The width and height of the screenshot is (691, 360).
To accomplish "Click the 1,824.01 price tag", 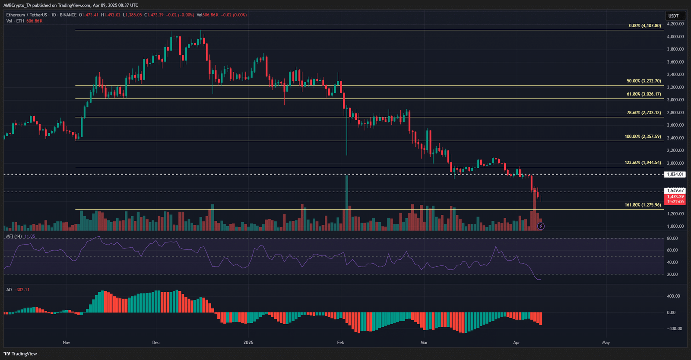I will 675,175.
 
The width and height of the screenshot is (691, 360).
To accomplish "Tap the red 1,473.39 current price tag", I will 675,197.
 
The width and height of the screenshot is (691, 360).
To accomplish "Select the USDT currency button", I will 673,16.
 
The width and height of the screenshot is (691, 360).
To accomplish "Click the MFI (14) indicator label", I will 14,236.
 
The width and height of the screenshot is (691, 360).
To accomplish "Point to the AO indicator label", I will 9,290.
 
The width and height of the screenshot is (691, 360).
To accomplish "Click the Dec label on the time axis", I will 156,343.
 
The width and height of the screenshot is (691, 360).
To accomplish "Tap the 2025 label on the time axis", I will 248,343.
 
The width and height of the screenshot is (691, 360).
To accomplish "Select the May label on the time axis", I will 606,343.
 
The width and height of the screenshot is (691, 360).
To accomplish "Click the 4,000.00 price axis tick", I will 675,37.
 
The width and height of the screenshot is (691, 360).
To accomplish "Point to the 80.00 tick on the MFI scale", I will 672,239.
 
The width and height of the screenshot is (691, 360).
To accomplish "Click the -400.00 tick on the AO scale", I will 673,329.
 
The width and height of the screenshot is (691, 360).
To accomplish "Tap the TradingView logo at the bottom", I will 20,354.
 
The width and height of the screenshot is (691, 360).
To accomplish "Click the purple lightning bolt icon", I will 541,226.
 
